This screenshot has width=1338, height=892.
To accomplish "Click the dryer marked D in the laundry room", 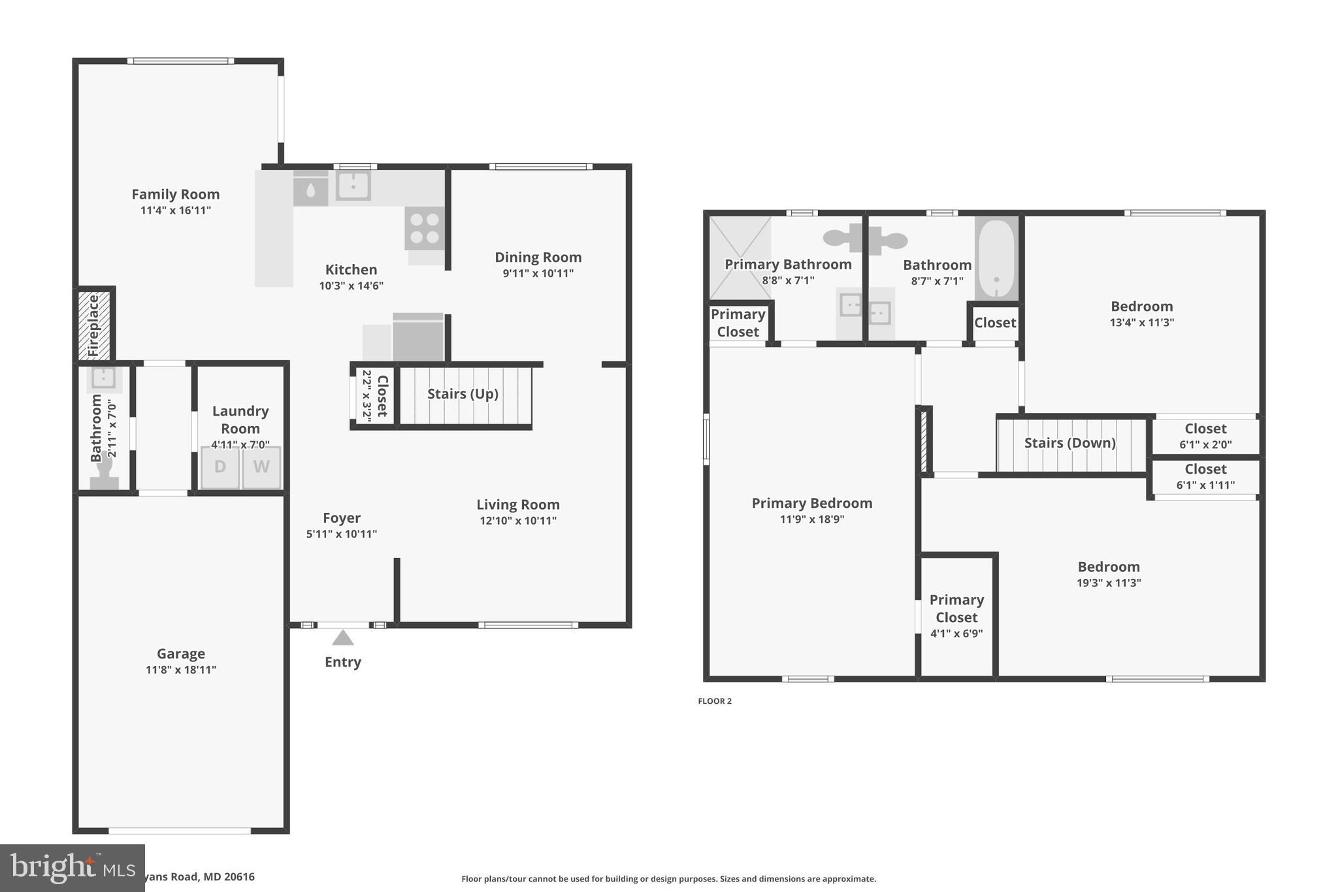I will click(x=220, y=467).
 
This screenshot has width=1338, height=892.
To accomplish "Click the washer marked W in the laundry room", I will click(x=261, y=467).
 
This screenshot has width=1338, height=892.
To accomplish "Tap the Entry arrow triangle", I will click(x=343, y=638).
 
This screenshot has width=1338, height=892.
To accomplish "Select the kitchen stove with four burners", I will click(x=425, y=228).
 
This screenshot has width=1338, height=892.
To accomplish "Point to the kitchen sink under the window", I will click(x=353, y=185).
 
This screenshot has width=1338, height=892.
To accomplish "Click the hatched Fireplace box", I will click(x=93, y=325).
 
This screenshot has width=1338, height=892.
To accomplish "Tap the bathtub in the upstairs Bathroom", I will click(x=996, y=258).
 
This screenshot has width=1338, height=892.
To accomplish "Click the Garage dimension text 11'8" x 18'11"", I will click(x=181, y=669).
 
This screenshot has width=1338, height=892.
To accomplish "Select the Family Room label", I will click(x=176, y=194).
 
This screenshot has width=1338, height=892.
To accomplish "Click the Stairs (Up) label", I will click(x=463, y=393).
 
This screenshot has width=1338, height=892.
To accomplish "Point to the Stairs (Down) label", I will click(x=1069, y=443).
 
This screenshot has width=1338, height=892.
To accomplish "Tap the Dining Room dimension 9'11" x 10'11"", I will click(x=538, y=273).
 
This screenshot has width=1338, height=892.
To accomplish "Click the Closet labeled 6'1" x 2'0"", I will click(x=1205, y=436).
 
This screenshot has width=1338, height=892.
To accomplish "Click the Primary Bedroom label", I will click(x=811, y=503).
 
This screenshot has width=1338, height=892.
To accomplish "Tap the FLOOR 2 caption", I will click(x=715, y=701).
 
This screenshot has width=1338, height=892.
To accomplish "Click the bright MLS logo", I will click(x=72, y=868).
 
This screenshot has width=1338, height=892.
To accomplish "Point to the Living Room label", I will click(x=517, y=504).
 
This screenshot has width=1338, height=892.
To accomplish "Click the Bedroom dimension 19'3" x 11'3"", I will click(x=1109, y=583).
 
